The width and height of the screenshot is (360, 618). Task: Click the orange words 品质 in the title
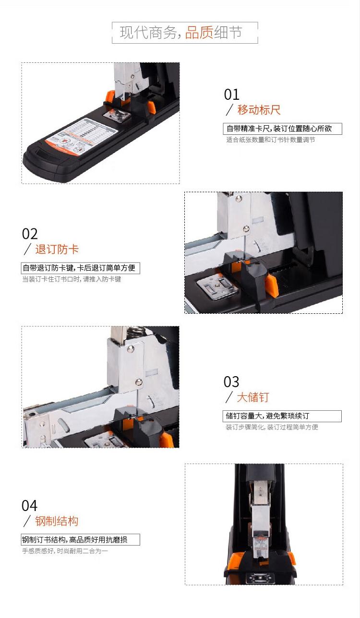pos(199,33)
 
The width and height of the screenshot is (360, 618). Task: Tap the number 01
pos(231,95)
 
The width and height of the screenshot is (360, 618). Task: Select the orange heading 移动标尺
pos(259,110)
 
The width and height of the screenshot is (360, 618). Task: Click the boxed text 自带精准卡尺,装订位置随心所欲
pos(279,129)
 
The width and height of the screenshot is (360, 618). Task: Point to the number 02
pos(30,234)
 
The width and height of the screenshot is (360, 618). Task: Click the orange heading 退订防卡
pos(57,250)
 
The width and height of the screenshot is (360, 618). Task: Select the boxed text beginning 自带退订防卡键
pos(79,268)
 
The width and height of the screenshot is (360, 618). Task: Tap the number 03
pos(231,382)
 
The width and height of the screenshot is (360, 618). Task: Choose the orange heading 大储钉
pos(252,397)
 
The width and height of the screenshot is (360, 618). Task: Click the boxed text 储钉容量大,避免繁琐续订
pos(267,416)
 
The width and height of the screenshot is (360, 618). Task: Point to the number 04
pos(29,506)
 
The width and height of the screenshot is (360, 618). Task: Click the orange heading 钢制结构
pos(57,521)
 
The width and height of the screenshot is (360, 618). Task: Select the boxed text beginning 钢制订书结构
pos(74,539)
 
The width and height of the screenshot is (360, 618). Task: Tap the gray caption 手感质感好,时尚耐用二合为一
pos(65,551)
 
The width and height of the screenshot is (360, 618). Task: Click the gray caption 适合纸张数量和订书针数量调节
pos(271,140)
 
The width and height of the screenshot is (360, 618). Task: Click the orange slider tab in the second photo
pos(271,286)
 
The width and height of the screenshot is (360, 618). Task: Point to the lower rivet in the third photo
pos(139,382)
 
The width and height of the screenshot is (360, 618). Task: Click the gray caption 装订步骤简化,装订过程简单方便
pos(272,428)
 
